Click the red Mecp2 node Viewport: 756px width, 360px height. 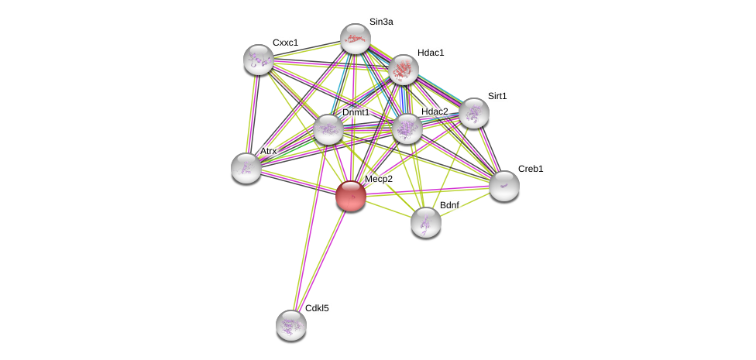click(350, 196)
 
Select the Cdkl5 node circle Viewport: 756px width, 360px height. click(291, 324)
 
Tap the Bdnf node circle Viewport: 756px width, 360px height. click(425, 222)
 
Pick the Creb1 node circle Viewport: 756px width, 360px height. click(503, 186)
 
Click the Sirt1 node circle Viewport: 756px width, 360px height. click(473, 113)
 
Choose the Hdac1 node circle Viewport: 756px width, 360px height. click(403, 70)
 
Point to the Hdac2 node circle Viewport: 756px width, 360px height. click(407, 129)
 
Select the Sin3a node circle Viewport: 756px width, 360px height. click(356, 39)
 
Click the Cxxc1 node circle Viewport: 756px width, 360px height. click(259, 60)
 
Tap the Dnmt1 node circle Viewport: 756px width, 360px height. click(328, 129)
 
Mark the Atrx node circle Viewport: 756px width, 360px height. click(246, 168)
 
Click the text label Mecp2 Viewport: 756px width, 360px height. click(379, 179)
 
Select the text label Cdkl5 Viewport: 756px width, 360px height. click(317, 308)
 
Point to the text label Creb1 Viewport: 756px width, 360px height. click(531, 169)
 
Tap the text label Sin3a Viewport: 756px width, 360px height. click(381, 22)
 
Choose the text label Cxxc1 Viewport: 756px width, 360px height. click(285, 43)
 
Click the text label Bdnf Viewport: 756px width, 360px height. click(449, 205)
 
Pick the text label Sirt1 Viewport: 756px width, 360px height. click(497, 96)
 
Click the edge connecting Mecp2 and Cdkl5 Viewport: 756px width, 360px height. click(321, 260)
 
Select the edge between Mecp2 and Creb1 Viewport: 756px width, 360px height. click(427, 190)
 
